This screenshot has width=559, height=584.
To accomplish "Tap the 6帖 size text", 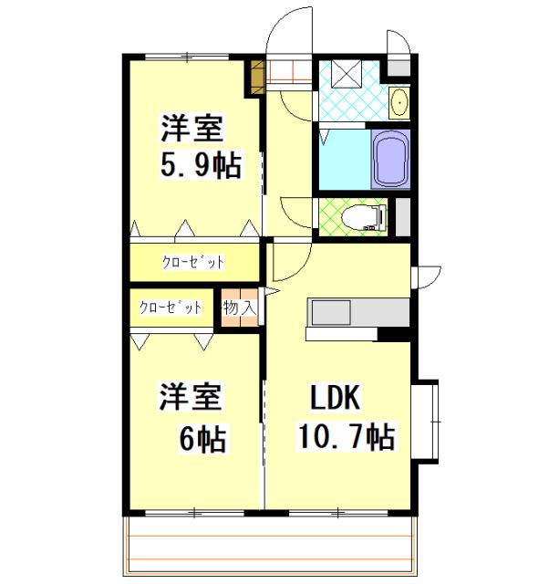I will pyautogui.click(x=202, y=440).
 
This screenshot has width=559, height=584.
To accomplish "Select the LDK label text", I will pyautogui.click(x=337, y=399).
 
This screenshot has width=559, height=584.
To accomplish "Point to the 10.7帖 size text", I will pyautogui.click(x=347, y=438).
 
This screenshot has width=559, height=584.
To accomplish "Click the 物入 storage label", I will pyautogui.click(x=239, y=308).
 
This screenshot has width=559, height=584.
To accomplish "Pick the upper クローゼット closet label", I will pyautogui.click(x=193, y=263).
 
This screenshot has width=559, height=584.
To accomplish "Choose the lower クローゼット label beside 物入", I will pyautogui.click(x=171, y=308).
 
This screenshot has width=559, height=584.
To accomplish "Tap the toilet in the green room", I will pyautogui.click(x=364, y=217).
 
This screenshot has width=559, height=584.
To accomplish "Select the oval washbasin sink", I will pyautogui.click(x=399, y=103).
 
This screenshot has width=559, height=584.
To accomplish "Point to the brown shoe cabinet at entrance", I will pyautogui.click(x=256, y=77).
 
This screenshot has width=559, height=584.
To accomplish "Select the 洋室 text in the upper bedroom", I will pyautogui.click(x=192, y=126).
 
